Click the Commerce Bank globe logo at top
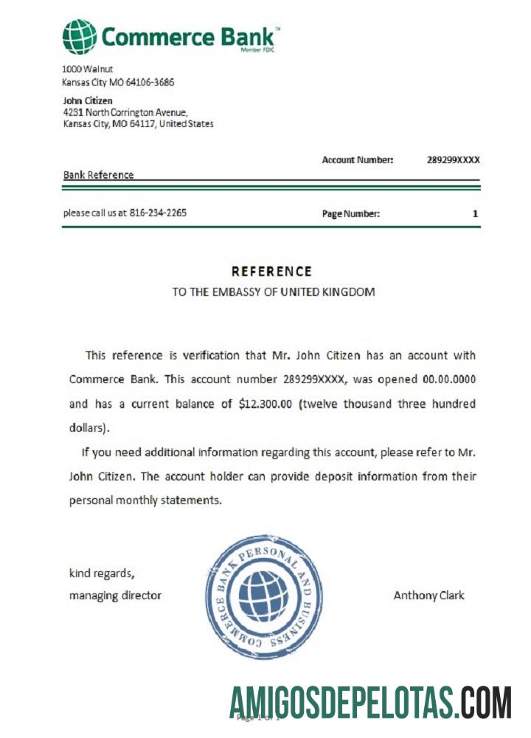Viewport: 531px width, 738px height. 79,37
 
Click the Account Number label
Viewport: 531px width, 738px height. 358,159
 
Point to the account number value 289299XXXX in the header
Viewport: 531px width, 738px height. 454,159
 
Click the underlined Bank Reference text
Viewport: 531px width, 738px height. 98,175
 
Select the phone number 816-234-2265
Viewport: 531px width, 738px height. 158,213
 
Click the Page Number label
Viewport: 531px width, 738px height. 351,214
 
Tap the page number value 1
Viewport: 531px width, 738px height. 475,214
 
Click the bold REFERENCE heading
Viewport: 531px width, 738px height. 271,272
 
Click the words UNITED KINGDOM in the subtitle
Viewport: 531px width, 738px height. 336,292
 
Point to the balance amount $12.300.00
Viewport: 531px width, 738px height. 266,404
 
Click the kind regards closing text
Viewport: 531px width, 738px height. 102,573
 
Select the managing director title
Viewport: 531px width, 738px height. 115,595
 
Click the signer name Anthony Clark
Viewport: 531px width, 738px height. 429,595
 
